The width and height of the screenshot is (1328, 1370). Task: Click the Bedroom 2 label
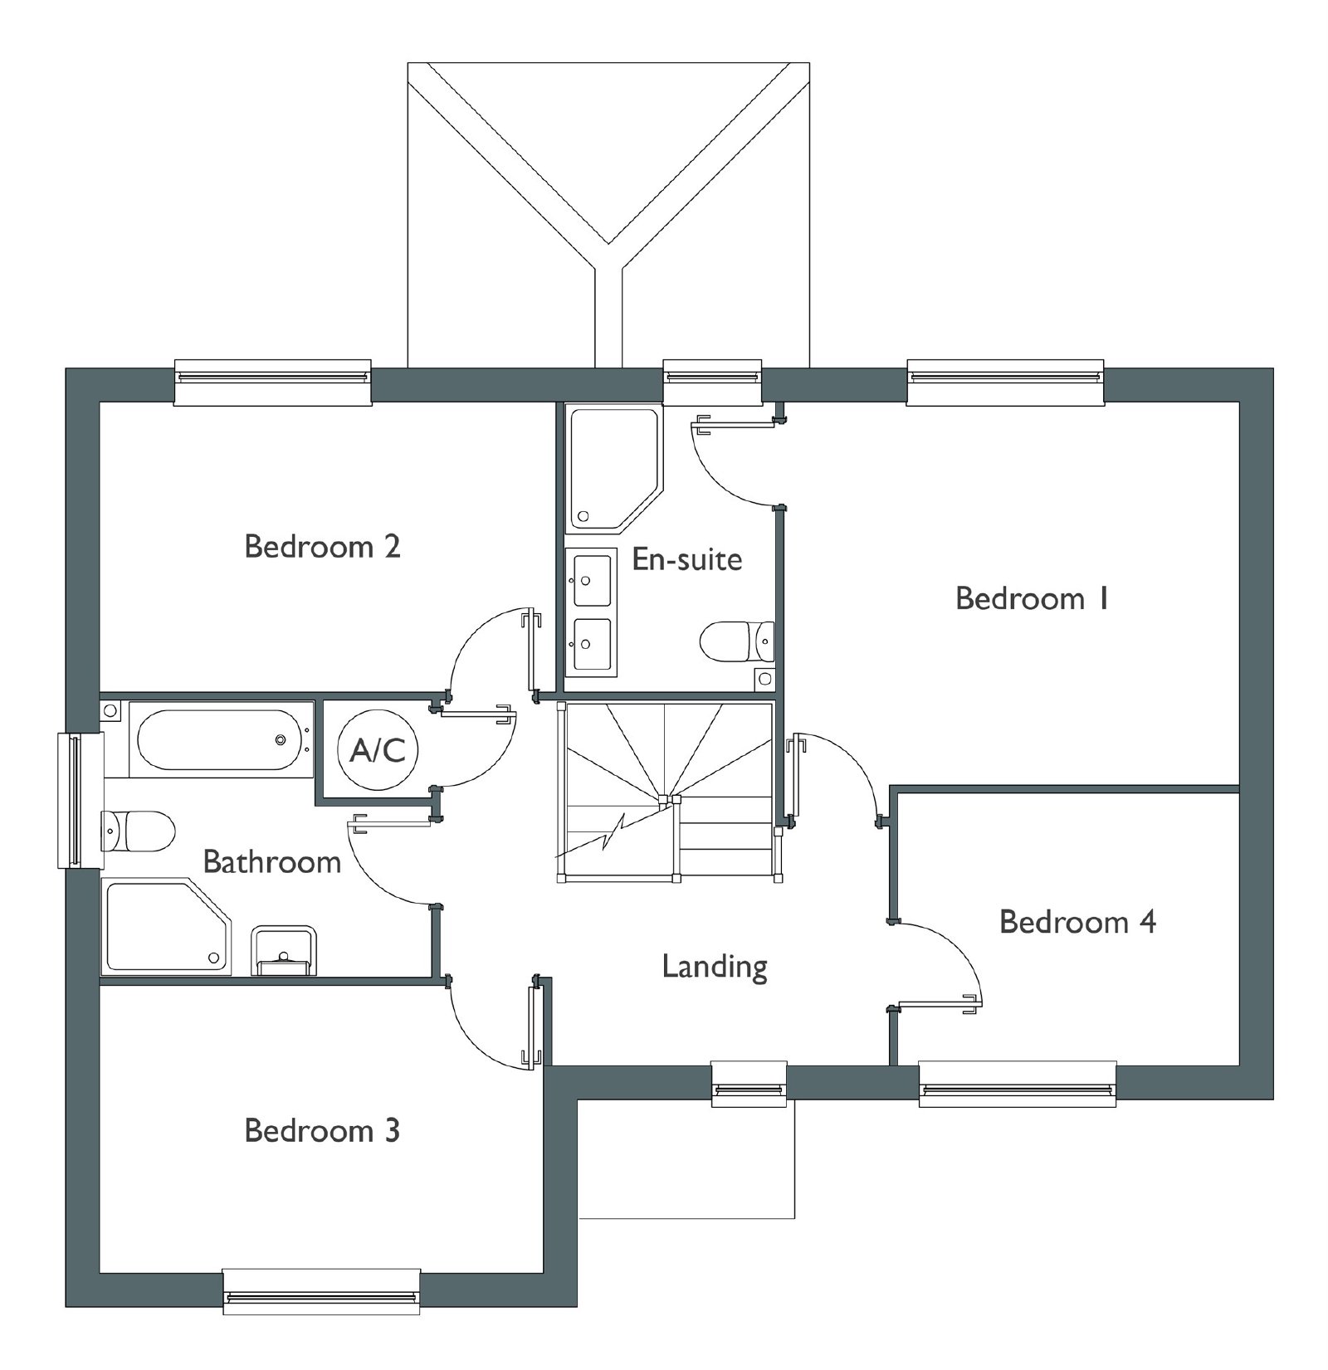[322, 547]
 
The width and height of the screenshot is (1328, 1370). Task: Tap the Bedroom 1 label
[1032, 598]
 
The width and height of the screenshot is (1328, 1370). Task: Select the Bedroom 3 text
[322, 1130]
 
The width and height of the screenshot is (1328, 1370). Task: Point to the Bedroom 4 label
[1077, 922]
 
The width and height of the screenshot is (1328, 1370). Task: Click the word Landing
[715, 968]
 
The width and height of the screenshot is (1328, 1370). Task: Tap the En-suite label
[687, 559]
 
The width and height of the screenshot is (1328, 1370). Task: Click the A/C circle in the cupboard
[378, 750]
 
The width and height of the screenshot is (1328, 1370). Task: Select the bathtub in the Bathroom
[222, 739]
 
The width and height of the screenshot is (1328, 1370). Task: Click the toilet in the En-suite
[737, 642]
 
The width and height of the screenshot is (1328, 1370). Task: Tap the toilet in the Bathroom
[138, 831]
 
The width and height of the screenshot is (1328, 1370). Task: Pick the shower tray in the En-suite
[614, 469]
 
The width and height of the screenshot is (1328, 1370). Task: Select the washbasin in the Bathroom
[284, 951]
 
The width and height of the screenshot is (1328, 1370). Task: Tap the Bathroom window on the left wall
[80, 800]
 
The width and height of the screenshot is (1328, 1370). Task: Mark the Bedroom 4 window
[1018, 1084]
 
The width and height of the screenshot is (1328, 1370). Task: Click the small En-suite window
[712, 382]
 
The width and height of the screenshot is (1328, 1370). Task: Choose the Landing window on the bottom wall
[749, 1084]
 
